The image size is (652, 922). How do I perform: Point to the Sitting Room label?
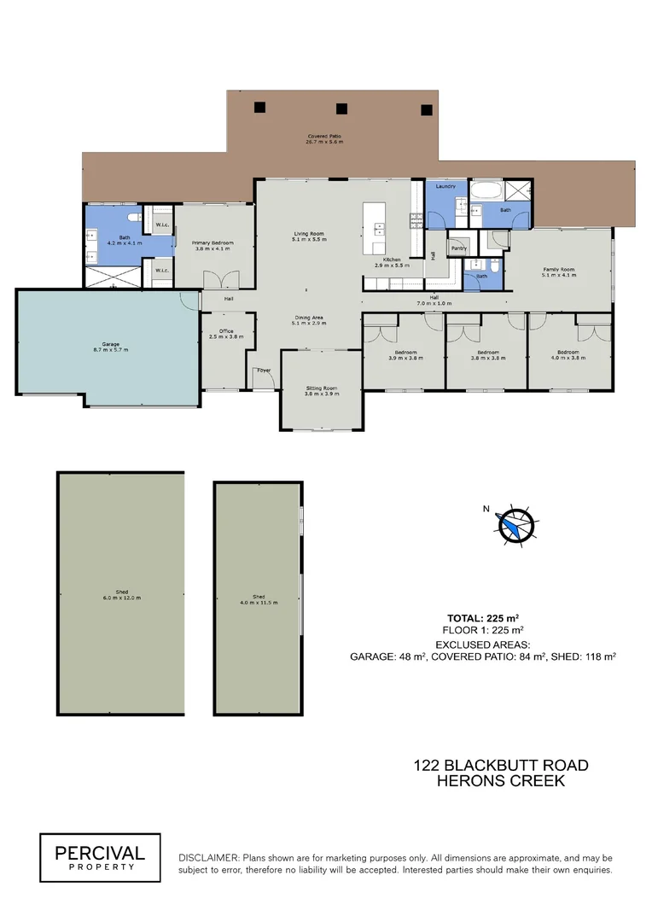tap(323, 391)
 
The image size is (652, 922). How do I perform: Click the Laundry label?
tap(445, 186)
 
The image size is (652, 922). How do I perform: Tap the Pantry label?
tap(459, 249)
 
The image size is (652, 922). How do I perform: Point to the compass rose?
tap(515, 523)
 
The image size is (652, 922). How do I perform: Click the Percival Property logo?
tap(100, 856)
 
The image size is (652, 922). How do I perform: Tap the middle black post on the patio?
tap(342, 108)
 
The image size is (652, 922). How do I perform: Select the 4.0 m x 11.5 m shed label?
tap(258, 598)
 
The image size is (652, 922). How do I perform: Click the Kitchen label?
tap(392, 260)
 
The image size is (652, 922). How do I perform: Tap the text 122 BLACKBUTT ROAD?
tap(501, 765)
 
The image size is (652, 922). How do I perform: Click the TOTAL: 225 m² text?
tap(484, 617)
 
